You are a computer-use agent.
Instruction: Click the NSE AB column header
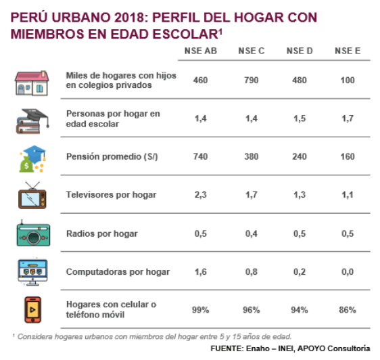coord(201,51)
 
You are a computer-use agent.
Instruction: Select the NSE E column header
coord(348,51)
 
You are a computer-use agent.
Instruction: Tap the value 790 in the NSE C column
coord(252,81)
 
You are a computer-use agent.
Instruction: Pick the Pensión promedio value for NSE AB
coord(200,156)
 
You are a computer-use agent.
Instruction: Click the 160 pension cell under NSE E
coord(348,156)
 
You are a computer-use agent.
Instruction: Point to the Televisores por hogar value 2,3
coord(200,195)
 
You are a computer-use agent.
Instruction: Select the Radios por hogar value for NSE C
coord(252,233)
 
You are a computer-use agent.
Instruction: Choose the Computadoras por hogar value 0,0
coord(348,272)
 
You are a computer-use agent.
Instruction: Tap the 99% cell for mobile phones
coord(200,310)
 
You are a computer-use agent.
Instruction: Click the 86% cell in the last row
coord(348,310)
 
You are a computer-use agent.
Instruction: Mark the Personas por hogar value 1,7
coord(348,118)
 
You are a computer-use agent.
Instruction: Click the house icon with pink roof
coord(32,83)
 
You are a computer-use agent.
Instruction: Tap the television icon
coord(32,196)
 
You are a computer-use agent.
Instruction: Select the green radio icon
coord(33,233)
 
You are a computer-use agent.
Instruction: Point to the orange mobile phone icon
coord(32,310)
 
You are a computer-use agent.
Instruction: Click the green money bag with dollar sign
coord(26,164)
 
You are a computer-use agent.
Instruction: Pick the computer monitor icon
coord(32,272)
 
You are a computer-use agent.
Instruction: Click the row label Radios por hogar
coord(102,233)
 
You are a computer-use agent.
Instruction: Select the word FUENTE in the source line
coord(227,348)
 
